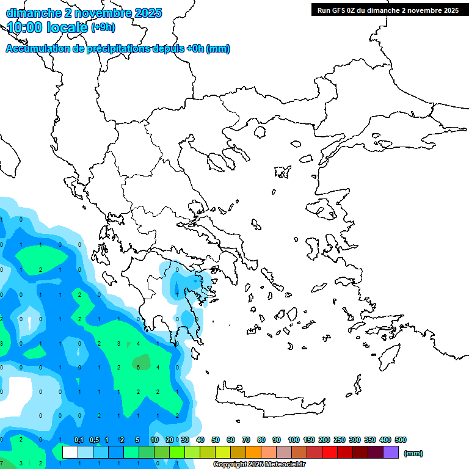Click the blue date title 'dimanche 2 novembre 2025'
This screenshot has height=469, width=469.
point(84,13)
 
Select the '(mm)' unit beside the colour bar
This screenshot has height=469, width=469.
point(413,453)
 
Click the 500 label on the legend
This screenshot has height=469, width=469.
point(400,440)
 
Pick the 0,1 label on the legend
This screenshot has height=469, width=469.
point(79,440)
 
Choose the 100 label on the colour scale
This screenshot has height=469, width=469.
point(293,440)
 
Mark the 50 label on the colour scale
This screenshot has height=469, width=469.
point(216,440)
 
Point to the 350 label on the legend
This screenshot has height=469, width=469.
point(369,440)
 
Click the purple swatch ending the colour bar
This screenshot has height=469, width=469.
point(391,452)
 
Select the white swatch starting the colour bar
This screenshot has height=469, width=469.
point(70,452)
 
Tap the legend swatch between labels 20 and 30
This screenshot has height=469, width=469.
point(177,452)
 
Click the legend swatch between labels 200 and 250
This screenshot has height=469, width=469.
point(330,452)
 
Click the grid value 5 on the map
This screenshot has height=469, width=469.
point(139,367)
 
